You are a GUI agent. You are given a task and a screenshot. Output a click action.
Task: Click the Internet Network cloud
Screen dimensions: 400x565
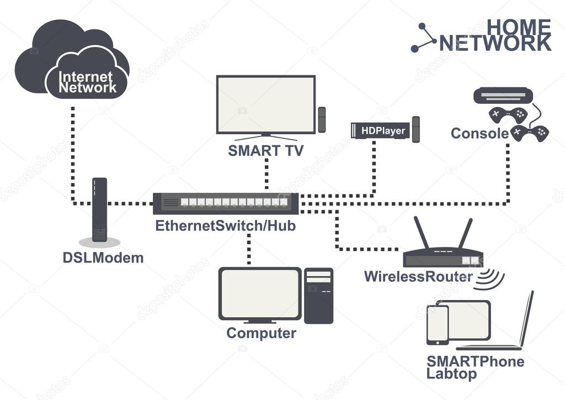[x=72, y=61]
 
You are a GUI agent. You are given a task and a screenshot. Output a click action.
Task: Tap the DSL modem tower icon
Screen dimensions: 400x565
[x=99, y=210]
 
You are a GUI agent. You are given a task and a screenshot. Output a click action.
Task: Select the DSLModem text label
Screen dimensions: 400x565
[x=103, y=257]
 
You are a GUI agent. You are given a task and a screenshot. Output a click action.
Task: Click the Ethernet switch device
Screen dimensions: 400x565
[x=226, y=202]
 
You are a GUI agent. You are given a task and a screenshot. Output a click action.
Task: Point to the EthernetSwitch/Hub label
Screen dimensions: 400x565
[x=225, y=225]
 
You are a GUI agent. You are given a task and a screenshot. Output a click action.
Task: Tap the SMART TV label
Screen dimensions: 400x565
[x=265, y=151]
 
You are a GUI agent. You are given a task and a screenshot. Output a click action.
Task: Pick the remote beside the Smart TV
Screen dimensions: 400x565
[x=322, y=120]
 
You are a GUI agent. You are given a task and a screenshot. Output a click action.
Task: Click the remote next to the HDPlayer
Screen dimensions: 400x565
[x=416, y=129]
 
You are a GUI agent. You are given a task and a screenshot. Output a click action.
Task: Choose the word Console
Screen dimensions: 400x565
[x=479, y=133]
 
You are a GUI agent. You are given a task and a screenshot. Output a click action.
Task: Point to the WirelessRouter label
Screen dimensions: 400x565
[x=418, y=276]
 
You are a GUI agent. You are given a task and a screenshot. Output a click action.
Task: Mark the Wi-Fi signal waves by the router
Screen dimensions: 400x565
[x=491, y=279]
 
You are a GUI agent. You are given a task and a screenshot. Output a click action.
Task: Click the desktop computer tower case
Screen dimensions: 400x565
[x=319, y=296]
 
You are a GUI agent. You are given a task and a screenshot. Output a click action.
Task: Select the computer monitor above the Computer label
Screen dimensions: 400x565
[x=260, y=294]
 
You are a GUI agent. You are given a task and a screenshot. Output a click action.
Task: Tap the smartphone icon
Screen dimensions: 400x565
[x=438, y=325]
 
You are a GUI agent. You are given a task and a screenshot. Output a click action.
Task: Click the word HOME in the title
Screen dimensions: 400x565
[x=519, y=26]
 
